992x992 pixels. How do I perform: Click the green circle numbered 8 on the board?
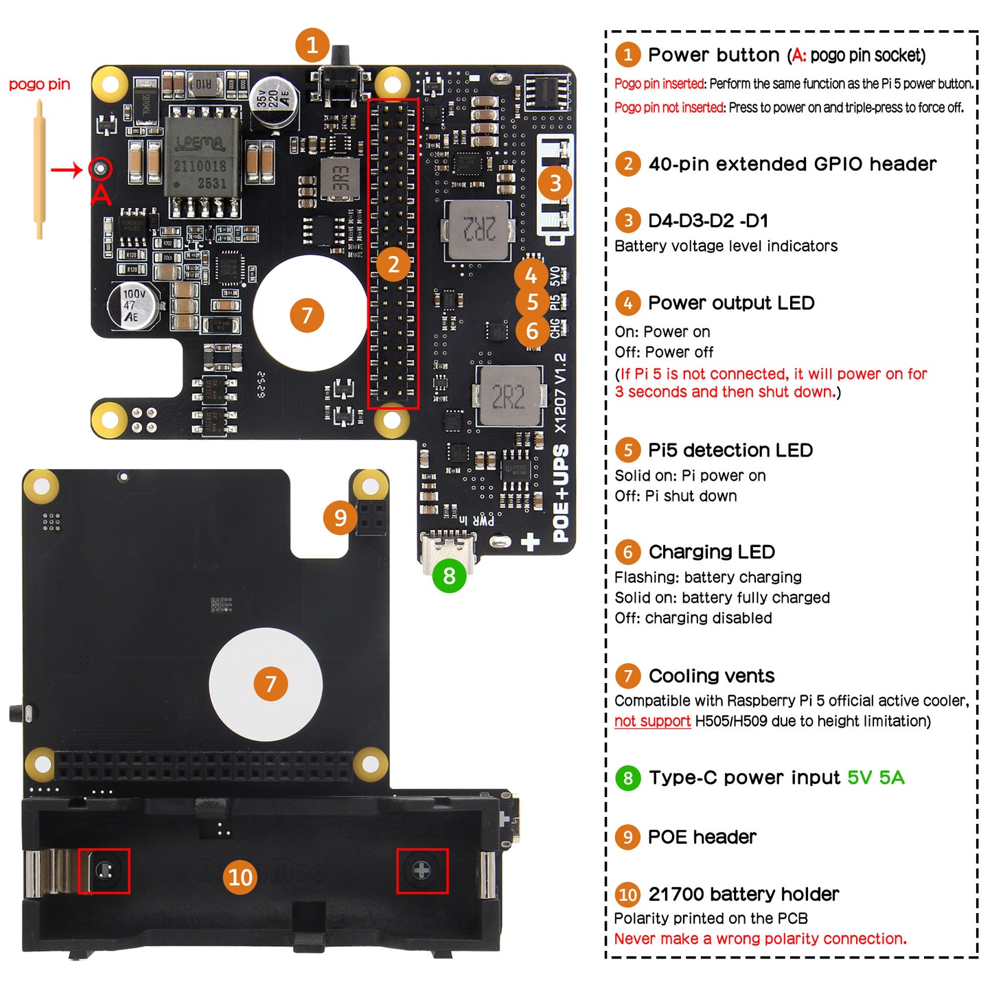click(x=449, y=575)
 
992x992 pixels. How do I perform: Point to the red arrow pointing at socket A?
click(x=67, y=170)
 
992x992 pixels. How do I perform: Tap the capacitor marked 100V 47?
click(x=133, y=305)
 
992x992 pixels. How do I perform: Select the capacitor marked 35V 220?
click(x=273, y=101)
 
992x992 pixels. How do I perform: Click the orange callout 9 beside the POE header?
click(x=340, y=518)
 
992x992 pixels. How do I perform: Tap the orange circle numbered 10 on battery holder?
click(x=240, y=877)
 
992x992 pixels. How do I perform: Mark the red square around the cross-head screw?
click(x=422, y=870)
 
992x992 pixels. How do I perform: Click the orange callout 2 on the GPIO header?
click(x=393, y=264)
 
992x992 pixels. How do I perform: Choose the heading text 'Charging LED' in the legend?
click(x=711, y=552)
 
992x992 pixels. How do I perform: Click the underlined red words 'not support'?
click(x=652, y=721)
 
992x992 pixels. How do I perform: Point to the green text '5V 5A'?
click(x=875, y=777)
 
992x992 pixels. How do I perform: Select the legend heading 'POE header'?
click(x=702, y=837)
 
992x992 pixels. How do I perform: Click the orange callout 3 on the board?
click(x=555, y=183)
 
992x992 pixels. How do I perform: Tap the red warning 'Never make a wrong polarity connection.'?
click(x=760, y=938)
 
